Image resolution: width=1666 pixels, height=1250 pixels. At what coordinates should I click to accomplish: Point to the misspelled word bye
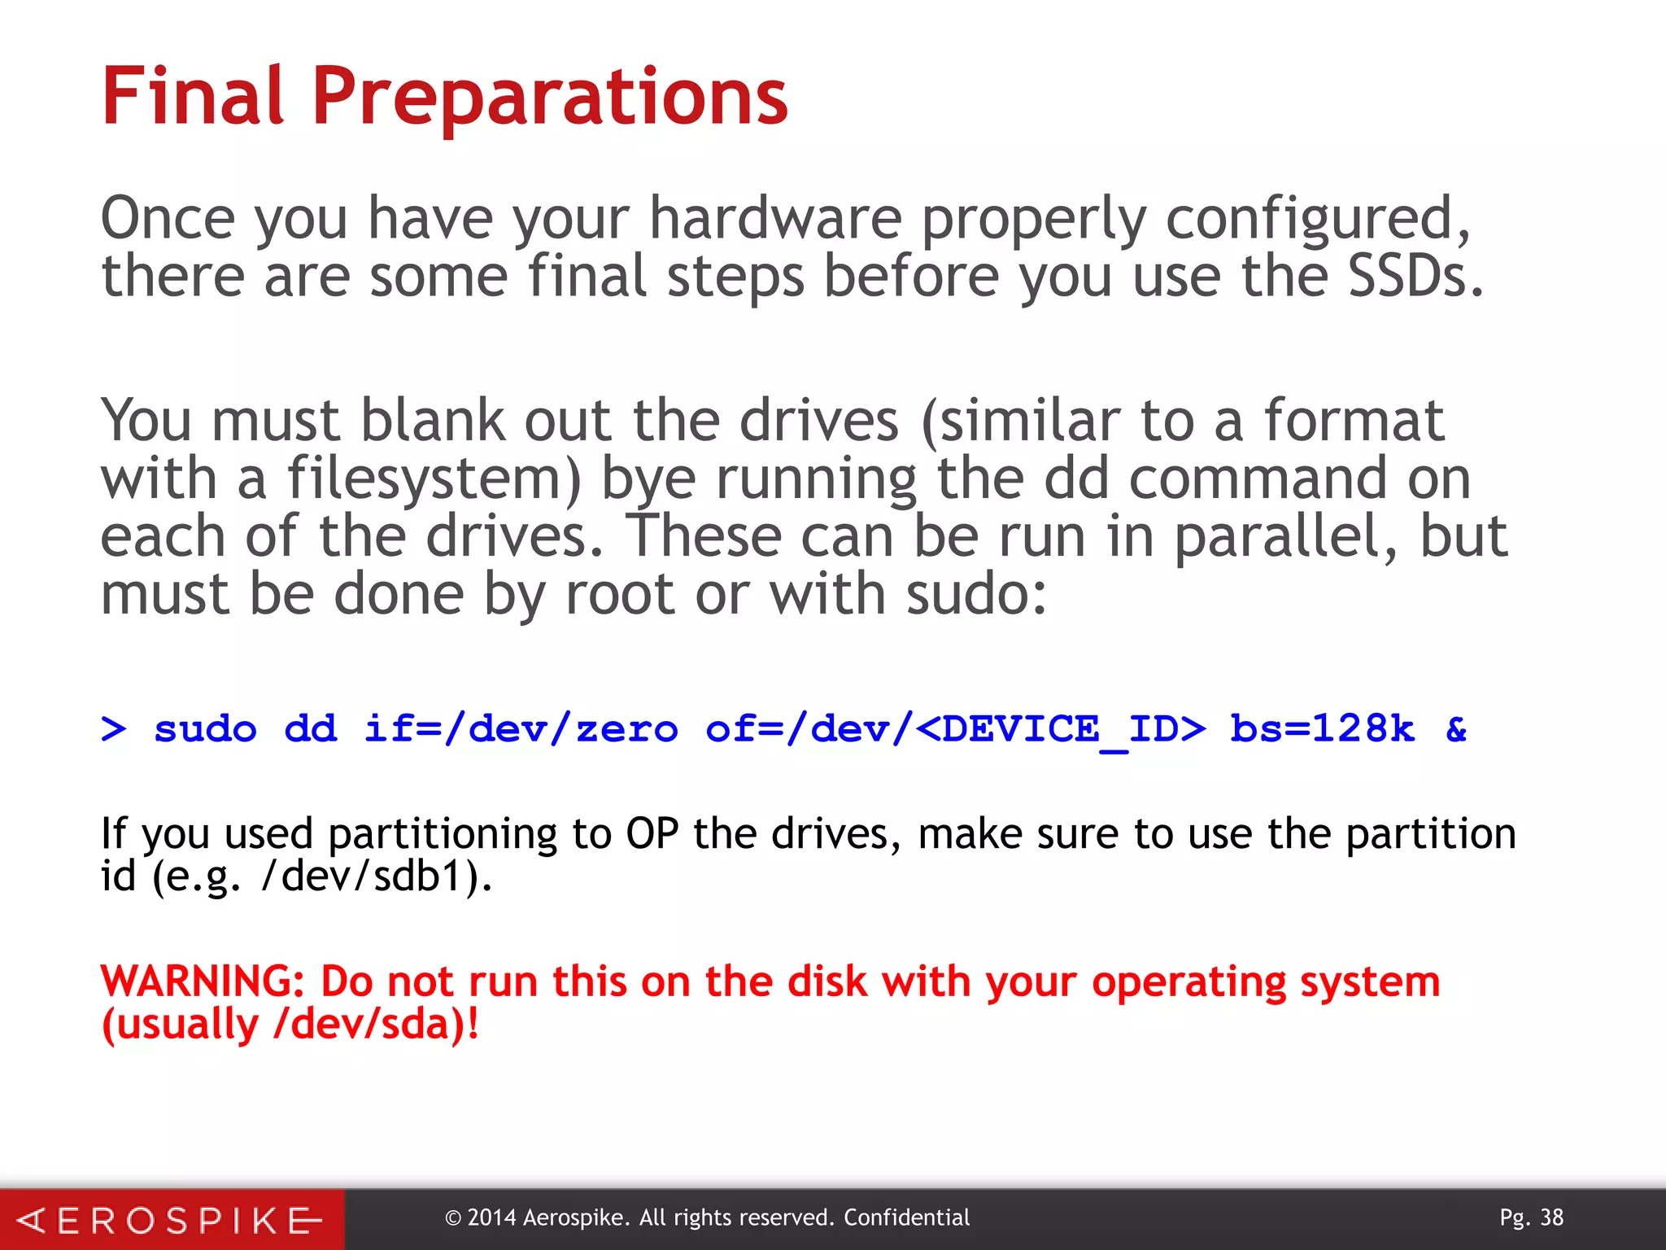pyautogui.click(x=648, y=480)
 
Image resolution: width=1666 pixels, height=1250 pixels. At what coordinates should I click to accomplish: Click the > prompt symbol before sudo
pyautogui.click(x=114, y=728)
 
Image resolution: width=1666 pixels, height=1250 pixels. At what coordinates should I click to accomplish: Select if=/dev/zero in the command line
pyautogui.click(x=521, y=728)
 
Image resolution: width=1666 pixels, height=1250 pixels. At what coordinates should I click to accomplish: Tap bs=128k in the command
pyautogui.click(x=1323, y=728)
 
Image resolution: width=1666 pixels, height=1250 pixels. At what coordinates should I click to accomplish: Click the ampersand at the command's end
pyautogui.click(x=1456, y=728)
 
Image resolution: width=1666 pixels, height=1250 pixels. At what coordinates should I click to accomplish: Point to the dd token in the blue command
pyautogui.click(x=310, y=728)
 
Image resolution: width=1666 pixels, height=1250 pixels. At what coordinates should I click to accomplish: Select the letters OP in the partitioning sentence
pyautogui.click(x=652, y=834)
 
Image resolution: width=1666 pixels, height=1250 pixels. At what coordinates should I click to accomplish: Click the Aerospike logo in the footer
pyautogui.click(x=171, y=1220)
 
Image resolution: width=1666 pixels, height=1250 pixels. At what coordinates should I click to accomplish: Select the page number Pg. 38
pyautogui.click(x=1531, y=1217)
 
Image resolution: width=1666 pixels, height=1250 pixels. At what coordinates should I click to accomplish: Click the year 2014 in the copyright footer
pyautogui.click(x=491, y=1218)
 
